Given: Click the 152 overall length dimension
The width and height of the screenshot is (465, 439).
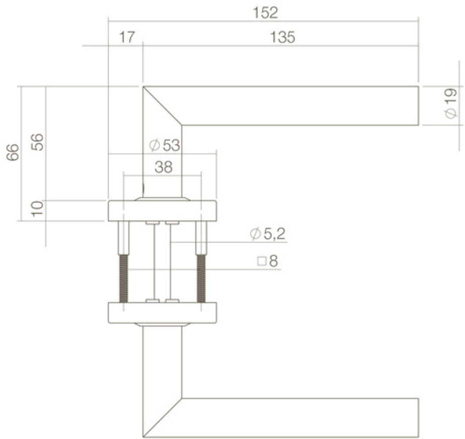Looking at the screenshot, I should [x=265, y=13].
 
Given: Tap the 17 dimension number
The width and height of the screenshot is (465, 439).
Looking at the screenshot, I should [x=127, y=38].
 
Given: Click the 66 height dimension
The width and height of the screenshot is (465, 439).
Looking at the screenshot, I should [x=13, y=152].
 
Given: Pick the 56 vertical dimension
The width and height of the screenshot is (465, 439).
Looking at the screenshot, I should [x=39, y=142].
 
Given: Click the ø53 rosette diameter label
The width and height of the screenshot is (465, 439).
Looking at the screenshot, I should [x=165, y=145].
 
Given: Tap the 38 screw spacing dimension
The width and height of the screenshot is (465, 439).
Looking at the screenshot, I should [x=163, y=167].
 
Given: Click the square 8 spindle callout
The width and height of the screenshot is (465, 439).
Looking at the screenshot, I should [x=268, y=262].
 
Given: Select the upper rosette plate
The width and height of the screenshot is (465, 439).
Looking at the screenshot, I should [x=162, y=211].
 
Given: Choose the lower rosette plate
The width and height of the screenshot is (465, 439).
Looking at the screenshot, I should [x=162, y=313].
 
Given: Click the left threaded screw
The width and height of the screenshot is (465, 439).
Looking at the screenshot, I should [x=124, y=278].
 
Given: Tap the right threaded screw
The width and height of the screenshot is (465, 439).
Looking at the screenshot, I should [x=201, y=278].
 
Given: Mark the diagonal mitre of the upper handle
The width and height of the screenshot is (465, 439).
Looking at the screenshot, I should [x=162, y=106].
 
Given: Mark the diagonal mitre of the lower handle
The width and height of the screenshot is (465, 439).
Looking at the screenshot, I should [x=162, y=418].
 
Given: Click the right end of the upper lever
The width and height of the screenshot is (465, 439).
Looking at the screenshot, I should [x=415, y=106].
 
